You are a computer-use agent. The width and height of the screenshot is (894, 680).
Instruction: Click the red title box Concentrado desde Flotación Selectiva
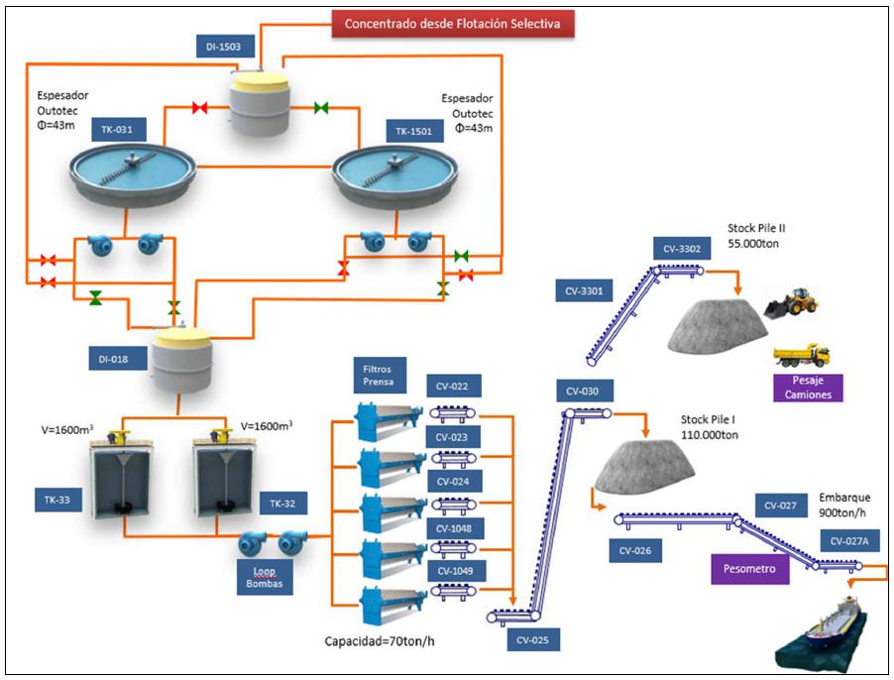(x=452, y=24)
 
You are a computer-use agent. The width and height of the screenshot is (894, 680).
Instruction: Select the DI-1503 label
(x=225, y=46)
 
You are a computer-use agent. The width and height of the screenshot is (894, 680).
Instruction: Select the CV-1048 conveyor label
(x=453, y=528)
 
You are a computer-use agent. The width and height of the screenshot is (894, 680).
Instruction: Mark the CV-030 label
(x=583, y=391)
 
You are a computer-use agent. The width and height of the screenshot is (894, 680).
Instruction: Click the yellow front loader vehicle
(x=794, y=300)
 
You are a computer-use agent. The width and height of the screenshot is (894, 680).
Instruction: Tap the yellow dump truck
(x=801, y=355)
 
